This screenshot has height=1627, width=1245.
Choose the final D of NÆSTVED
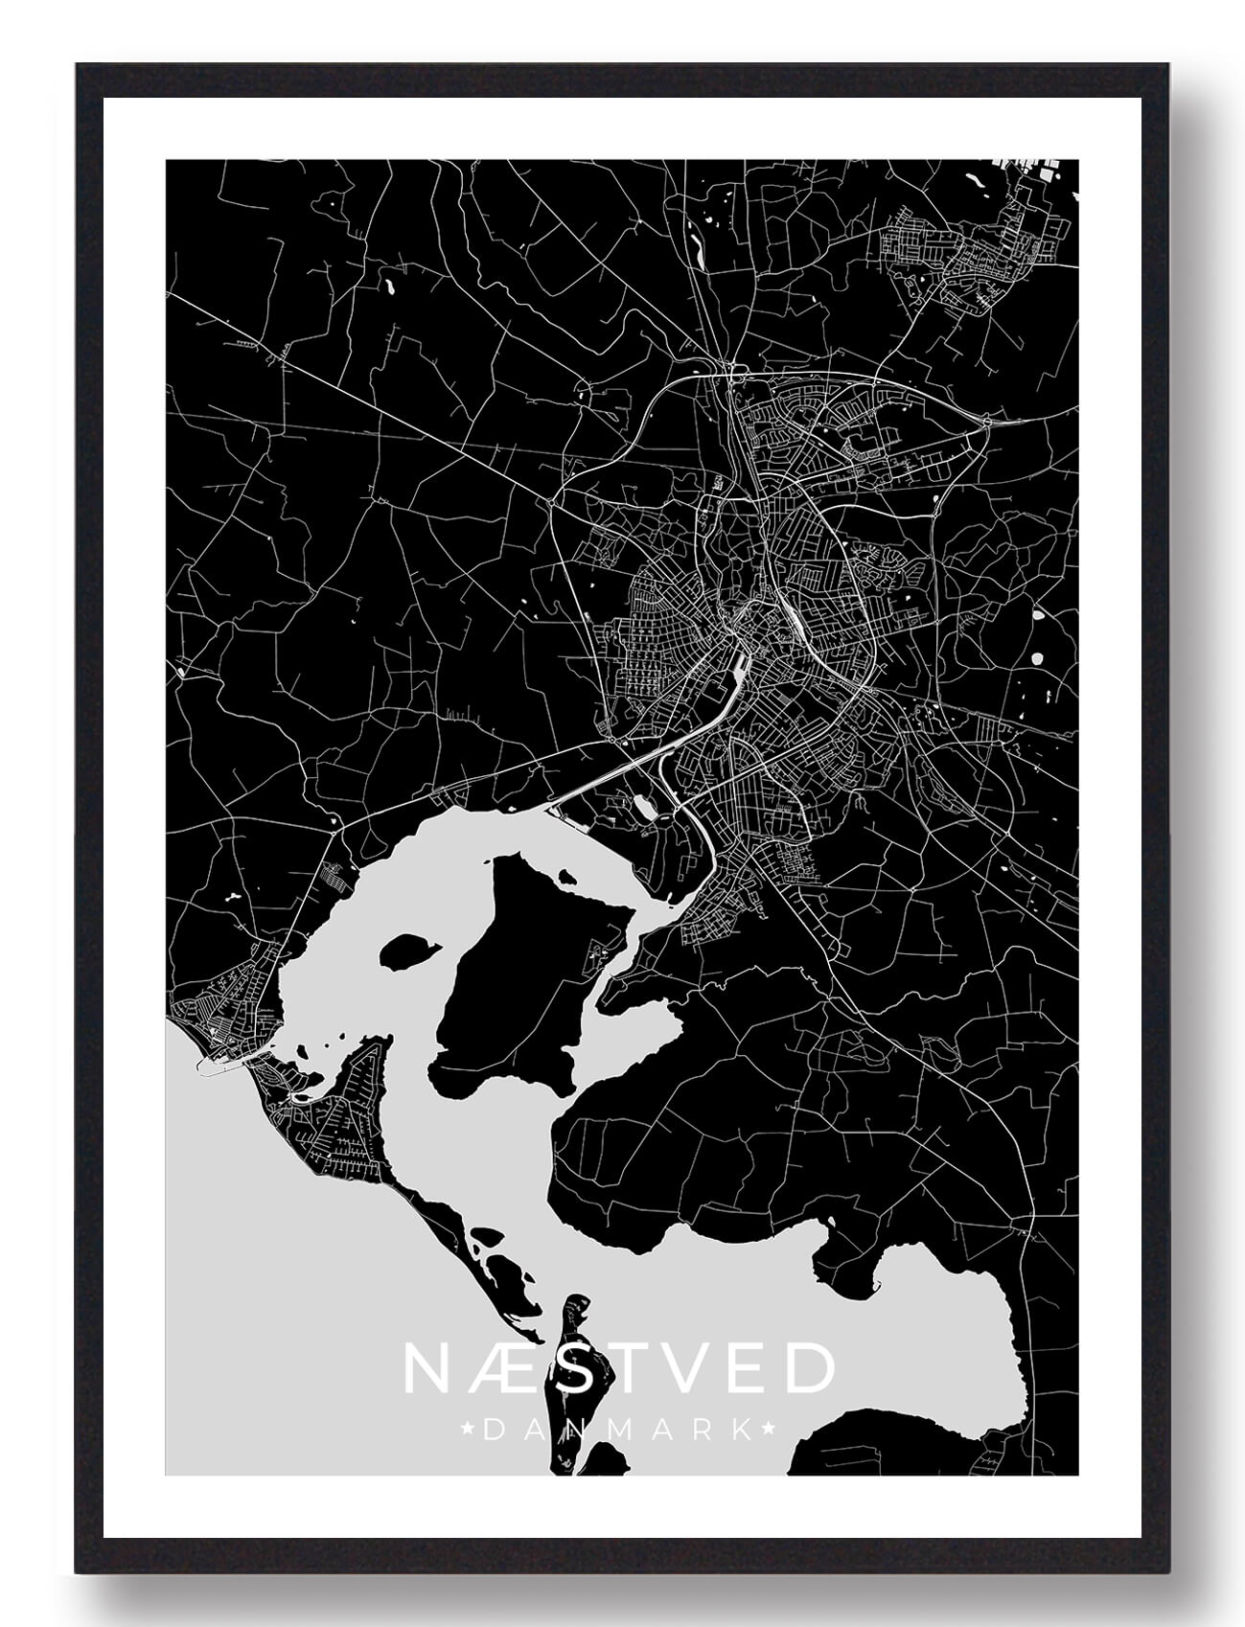811,1368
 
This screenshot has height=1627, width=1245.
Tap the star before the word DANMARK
467,1431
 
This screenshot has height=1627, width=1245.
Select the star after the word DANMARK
767,1431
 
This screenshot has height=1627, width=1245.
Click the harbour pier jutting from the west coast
214,1069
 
